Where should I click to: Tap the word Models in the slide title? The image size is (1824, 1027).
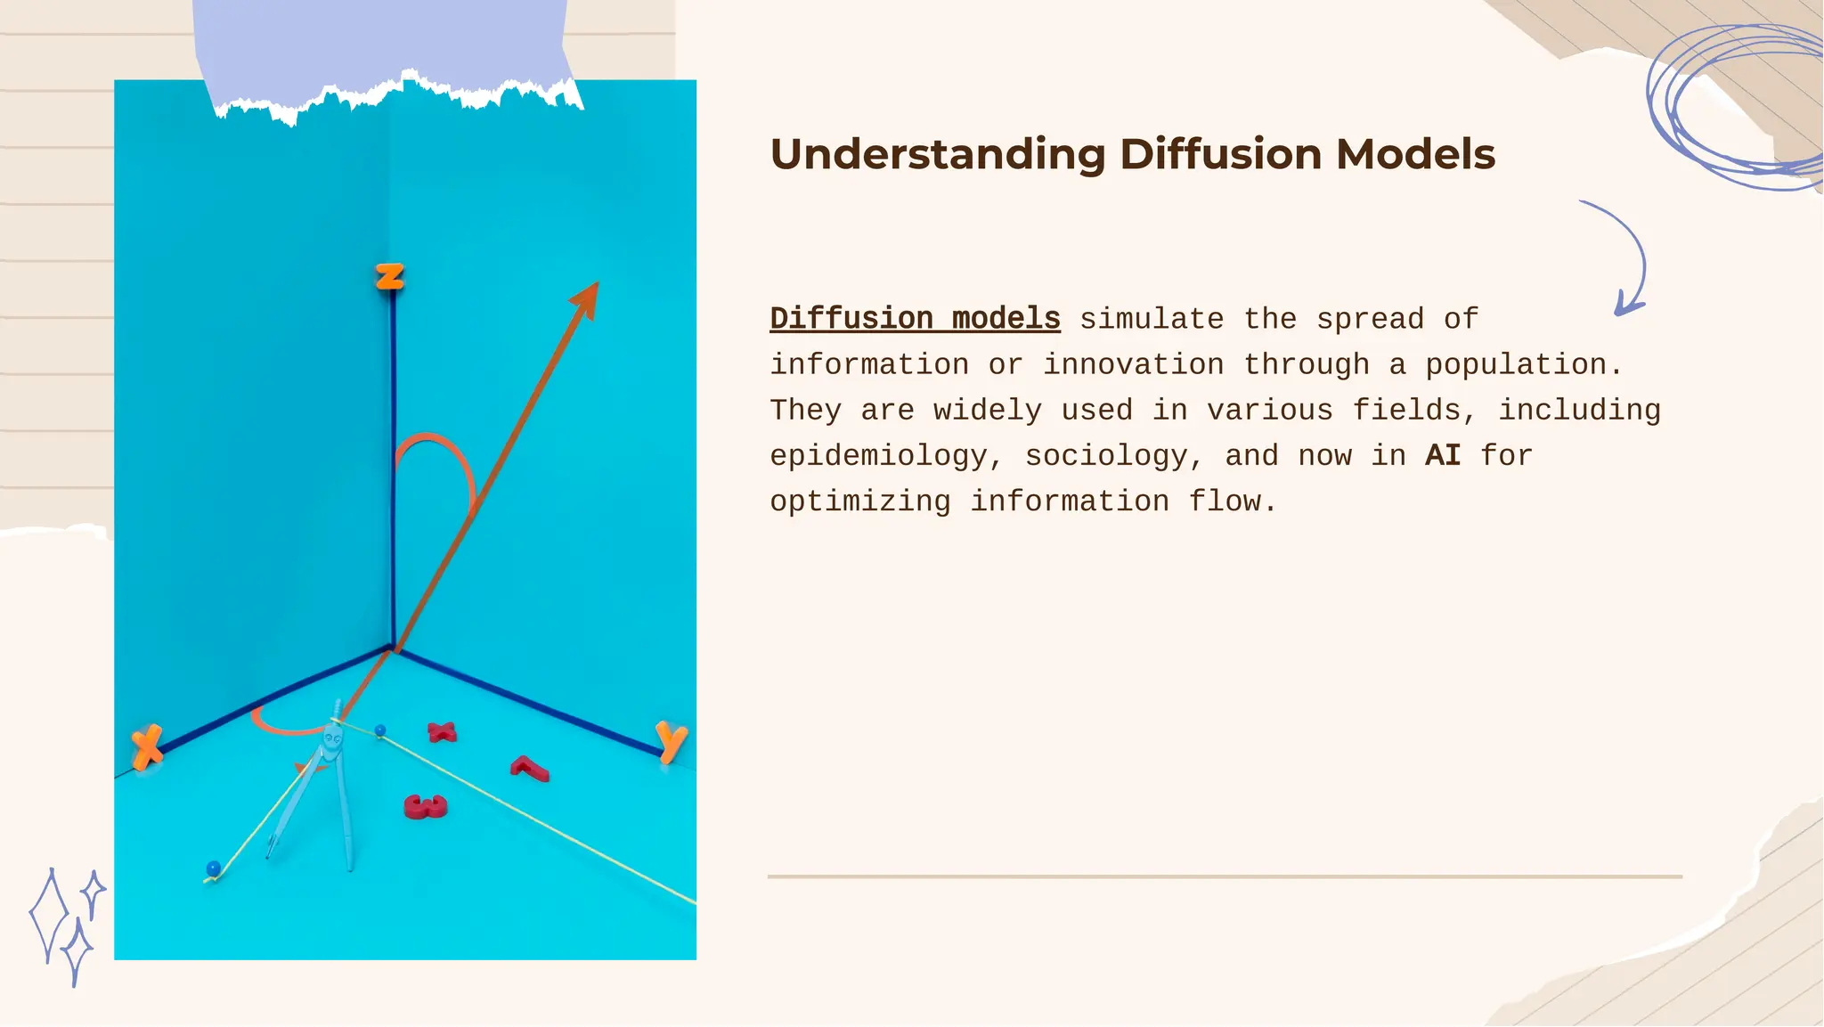[x=1415, y=154]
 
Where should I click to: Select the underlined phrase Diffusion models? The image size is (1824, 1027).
[x=915, y=319]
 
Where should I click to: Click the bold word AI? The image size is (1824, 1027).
[x=1443, y=456]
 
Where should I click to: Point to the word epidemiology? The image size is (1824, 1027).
[x=878, y=456]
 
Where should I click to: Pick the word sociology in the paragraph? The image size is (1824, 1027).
[x=1105, y=456]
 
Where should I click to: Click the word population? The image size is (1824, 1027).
[x=1523, y=364]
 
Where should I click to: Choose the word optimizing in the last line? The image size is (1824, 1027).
[x=860, y=501]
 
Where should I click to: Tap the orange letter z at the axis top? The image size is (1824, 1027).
[x=389, y=277]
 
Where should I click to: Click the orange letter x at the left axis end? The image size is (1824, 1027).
[x=147, y=746]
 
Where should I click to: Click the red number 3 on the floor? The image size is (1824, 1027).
[x=426, y=807]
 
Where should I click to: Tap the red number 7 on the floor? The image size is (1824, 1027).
[x=530, y=768]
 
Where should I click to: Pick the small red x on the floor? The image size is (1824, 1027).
[x=442, y=732]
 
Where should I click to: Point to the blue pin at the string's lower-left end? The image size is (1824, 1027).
[x=213, y=868]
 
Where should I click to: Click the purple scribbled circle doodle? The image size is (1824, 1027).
[x=1732, y=107]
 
